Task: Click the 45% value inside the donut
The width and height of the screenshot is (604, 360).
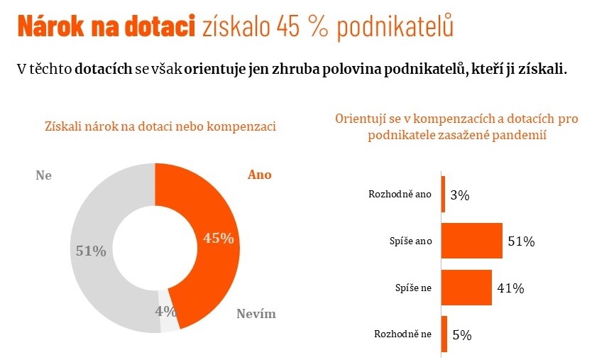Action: pos(218,239)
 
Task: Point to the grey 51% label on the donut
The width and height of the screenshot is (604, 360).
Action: pos(91,251)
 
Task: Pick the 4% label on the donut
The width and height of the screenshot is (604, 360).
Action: pos(165,310)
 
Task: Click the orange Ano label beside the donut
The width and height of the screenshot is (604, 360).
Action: pos(259,175)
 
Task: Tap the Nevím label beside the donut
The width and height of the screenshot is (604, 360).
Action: pos(256,314)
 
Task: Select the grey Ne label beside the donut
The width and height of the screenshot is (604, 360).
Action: pos(43,175)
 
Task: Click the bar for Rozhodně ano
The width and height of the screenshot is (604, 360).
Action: pos(443,195)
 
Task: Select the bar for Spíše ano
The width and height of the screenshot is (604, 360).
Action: pos(471,241)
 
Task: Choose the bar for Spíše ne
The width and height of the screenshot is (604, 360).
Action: pos(466,288)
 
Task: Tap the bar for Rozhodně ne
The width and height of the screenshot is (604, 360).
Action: pos(444,334)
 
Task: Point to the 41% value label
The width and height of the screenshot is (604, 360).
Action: pos(510,288)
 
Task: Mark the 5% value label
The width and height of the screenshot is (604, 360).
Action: pos(461,335)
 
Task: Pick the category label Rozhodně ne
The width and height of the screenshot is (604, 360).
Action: pos(402,334)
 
